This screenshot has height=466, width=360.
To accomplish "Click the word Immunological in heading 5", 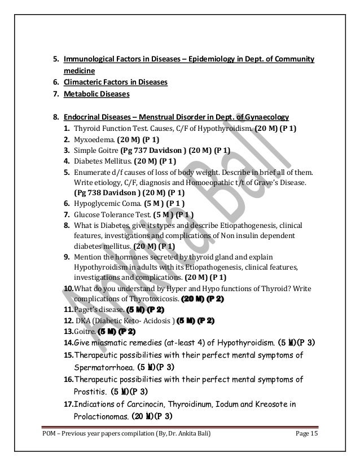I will coord(90,59).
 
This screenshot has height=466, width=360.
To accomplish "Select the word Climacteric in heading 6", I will coord(85,82).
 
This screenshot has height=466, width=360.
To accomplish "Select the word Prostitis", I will coord(90,391).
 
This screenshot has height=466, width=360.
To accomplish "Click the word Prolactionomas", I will coord(100,417).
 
